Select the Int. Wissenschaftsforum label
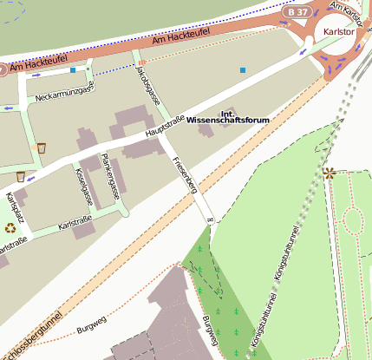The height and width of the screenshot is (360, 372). pos(228,117)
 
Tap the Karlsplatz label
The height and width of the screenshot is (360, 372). pos(12,212)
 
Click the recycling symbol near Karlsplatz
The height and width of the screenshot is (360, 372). pos(10,228)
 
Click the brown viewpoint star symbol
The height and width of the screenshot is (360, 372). pos(329,173)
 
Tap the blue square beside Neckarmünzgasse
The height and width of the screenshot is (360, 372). pos(74,69)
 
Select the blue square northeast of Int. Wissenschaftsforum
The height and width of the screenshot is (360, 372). pos(243,69)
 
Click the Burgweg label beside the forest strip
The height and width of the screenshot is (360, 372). pos(208,330)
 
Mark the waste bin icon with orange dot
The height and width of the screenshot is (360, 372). pos(41,148)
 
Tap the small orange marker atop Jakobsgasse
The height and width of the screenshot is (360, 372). pos(140,62)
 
